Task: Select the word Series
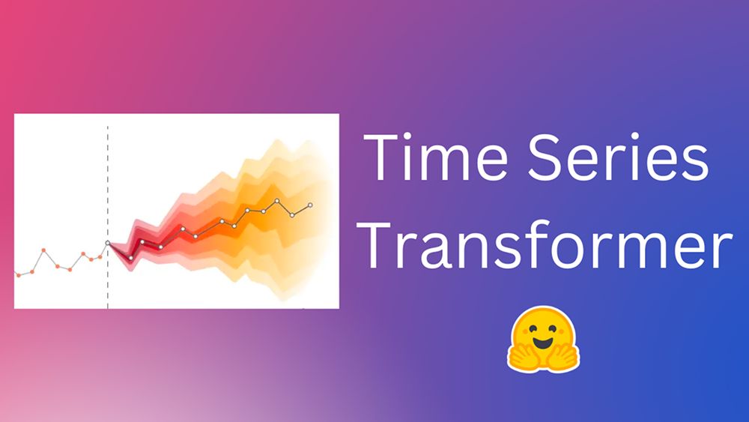619,157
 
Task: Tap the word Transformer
545,246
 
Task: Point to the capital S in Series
545,157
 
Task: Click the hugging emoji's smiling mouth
543,343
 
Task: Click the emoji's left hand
521,356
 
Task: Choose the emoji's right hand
566,356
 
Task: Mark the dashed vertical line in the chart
107,217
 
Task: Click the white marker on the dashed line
107,243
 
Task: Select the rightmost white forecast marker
310,205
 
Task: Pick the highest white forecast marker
276,201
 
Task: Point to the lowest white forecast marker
131,258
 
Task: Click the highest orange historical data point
43,250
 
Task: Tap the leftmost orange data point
19,275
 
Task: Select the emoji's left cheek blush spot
522,338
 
